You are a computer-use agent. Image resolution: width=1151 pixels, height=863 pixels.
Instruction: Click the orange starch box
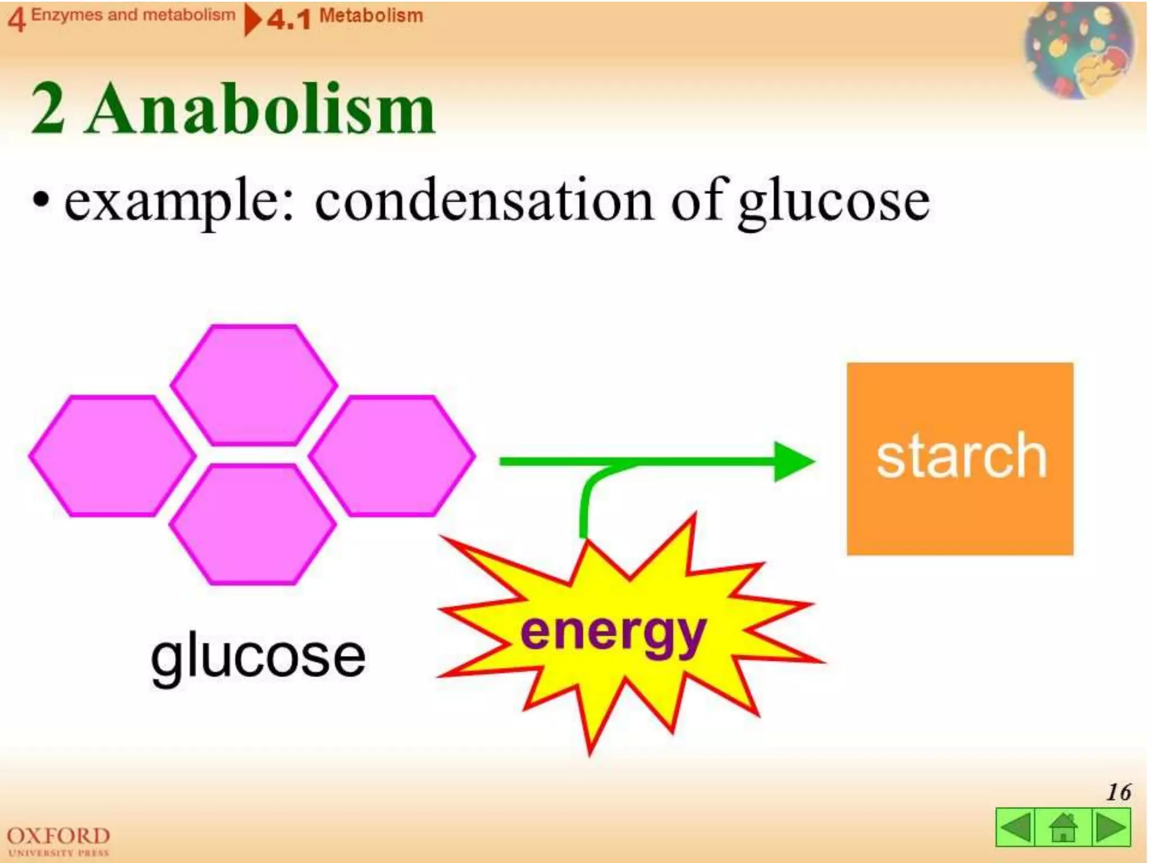(960, 458)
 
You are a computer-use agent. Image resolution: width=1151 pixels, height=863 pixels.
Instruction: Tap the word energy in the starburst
(613, 633)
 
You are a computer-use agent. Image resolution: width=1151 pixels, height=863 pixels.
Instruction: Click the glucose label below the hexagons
(258, 657)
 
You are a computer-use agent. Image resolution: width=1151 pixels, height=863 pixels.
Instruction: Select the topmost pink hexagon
(254, 385)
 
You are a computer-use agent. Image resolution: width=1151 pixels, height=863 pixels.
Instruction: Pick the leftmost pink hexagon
(112, 456)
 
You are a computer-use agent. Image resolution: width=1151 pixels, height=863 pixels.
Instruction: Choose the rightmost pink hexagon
(392, 456)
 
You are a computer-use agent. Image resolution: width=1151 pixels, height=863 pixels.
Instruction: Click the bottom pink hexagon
(253, 524)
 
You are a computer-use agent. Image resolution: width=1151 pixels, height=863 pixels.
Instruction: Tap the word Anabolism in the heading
(261, 109)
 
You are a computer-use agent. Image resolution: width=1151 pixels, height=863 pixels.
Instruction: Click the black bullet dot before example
(40, 201)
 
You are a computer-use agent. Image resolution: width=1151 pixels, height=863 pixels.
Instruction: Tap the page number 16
(1118, 792)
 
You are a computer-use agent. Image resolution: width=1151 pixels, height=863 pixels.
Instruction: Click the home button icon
(1063, 827)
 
